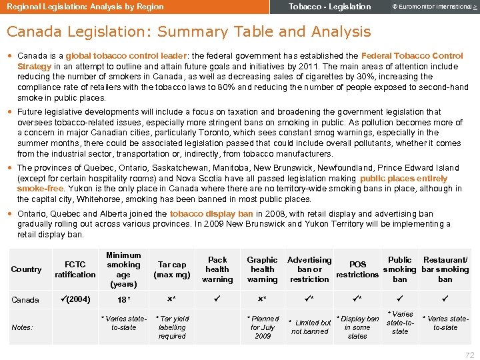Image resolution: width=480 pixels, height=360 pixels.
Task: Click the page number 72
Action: [x=469, y=355]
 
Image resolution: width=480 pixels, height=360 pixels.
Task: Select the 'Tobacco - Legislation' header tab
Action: [x=329, y=7]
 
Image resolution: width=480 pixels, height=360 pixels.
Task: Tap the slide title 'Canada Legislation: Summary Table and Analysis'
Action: [x=189, y=31]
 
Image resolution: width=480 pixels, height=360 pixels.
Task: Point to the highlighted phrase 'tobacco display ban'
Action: [x=211, y=214]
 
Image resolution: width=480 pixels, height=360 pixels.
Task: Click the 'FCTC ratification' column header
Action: [x=75, y=269]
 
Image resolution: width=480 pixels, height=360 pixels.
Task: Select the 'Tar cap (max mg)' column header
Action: [x=172, y=269]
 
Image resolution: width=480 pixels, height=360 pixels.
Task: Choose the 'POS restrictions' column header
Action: [x=357, y=269]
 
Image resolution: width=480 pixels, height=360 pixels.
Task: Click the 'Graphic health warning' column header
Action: [x=262, y=269]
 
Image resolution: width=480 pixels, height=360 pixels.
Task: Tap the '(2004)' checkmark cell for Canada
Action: [x=75, y=299]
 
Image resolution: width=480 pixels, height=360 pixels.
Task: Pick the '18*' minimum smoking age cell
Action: [x=123, y=300]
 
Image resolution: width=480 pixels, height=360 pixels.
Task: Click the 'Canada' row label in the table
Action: [x=25, y=300]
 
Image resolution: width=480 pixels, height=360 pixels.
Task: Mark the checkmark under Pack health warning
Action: [x=217, y=299]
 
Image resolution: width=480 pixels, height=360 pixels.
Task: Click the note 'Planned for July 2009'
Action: [x=263, y=327]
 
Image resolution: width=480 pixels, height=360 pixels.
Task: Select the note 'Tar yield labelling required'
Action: [x=172, y=327]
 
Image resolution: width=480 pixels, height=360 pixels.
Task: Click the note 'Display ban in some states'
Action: [x=357, y=327]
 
